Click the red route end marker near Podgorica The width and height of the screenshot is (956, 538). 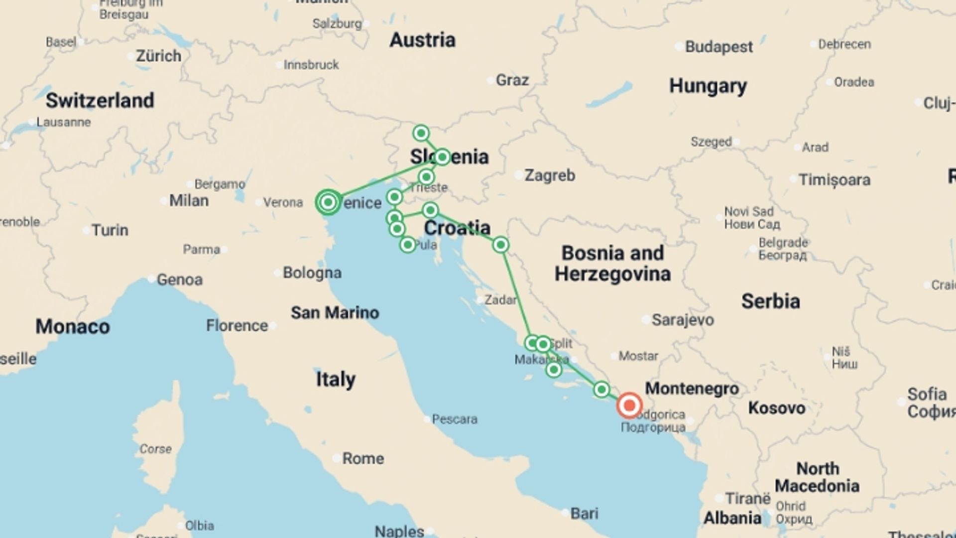(629, 405)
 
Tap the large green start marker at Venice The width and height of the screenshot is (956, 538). (328, 202)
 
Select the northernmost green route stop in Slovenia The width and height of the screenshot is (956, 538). (421, 133)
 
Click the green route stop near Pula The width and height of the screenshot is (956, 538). (407, 245)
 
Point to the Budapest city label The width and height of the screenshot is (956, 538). (718, 47)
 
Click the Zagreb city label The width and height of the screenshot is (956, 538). (549, 175)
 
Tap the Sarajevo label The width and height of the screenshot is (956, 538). (682, 320)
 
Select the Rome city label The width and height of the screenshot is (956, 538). (362, 458)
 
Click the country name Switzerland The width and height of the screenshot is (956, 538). (100, 101)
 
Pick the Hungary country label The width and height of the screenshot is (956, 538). (708, 86)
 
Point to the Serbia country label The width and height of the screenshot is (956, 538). (770, 301)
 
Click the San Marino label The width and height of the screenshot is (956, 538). (335, 313)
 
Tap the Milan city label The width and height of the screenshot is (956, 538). (188, 201)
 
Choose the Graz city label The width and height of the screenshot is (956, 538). (512, 80)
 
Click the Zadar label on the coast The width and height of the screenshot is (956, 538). (500, 300)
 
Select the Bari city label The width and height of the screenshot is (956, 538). (584, 513)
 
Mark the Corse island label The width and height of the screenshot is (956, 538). (155, 449)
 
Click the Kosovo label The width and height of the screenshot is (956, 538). (776, 408)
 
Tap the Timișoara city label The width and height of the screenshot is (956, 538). (834, 180)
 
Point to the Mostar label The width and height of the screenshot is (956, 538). (638, 356)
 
